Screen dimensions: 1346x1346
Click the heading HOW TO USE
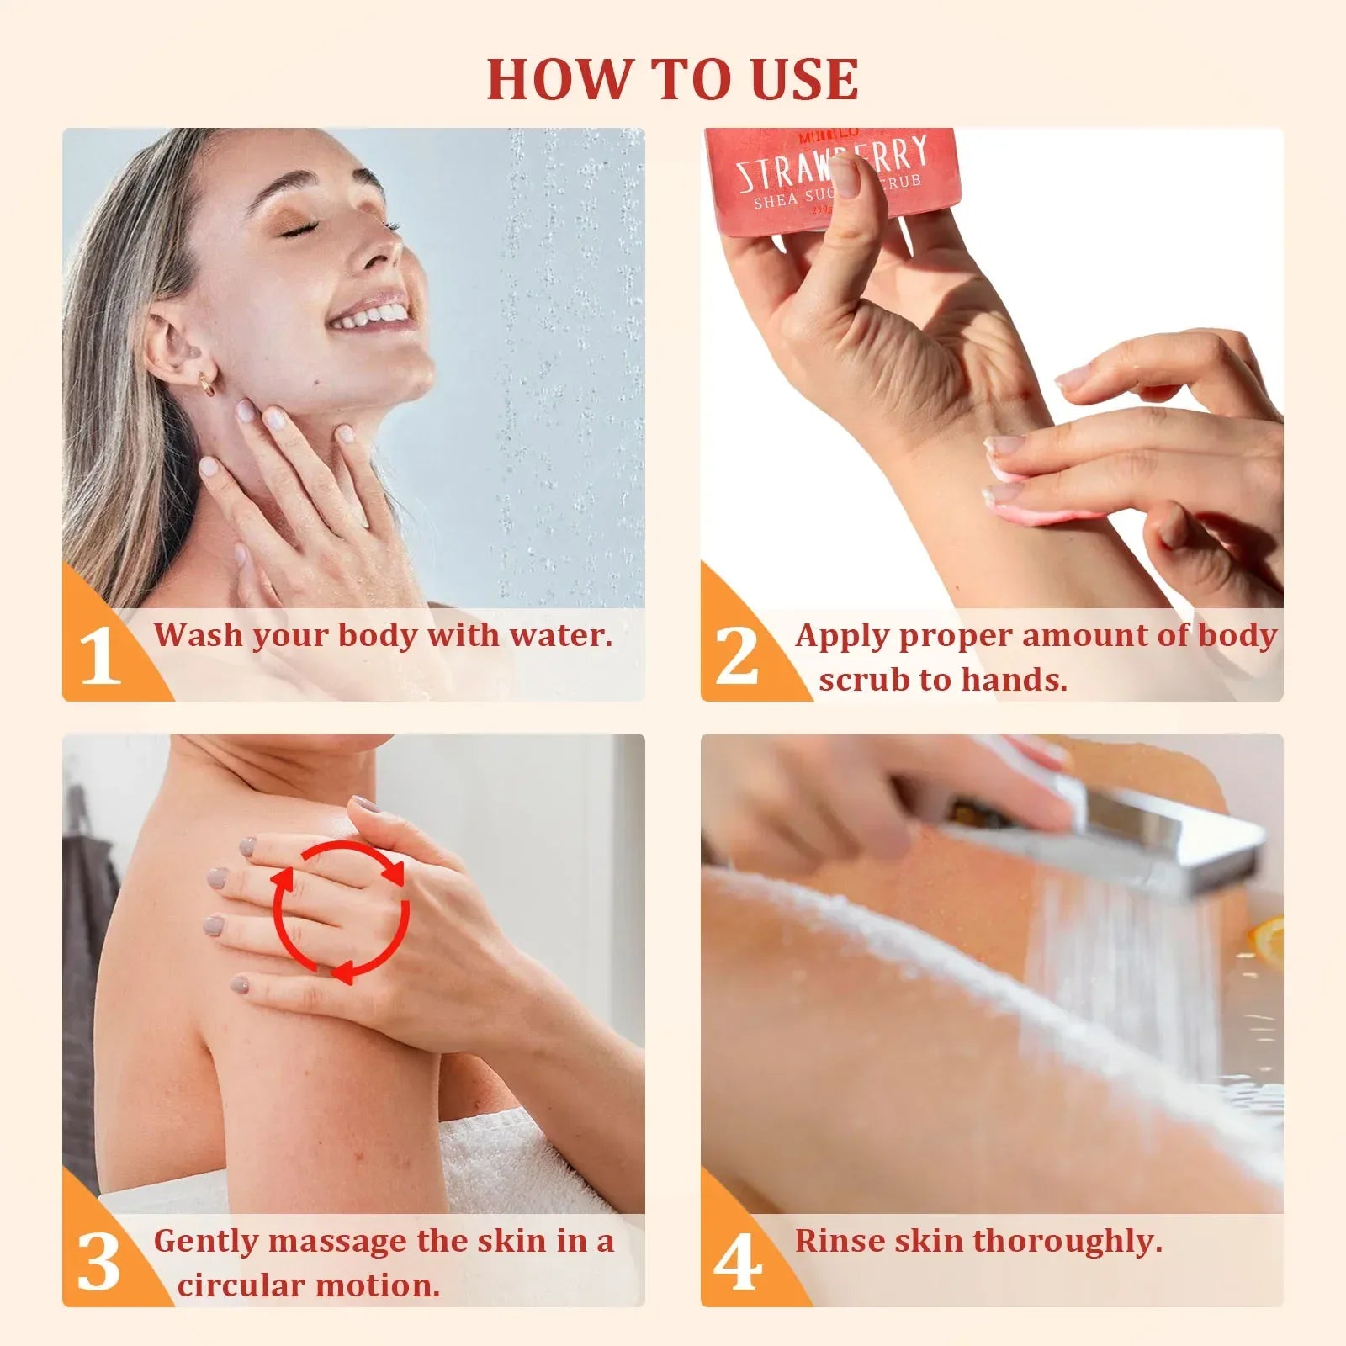point(673,79)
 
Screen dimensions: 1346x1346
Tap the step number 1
point(100,656)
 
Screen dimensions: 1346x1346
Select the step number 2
point(737,655)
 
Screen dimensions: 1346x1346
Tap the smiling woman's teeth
point(370,317)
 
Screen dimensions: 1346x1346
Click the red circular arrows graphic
point(341,912)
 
